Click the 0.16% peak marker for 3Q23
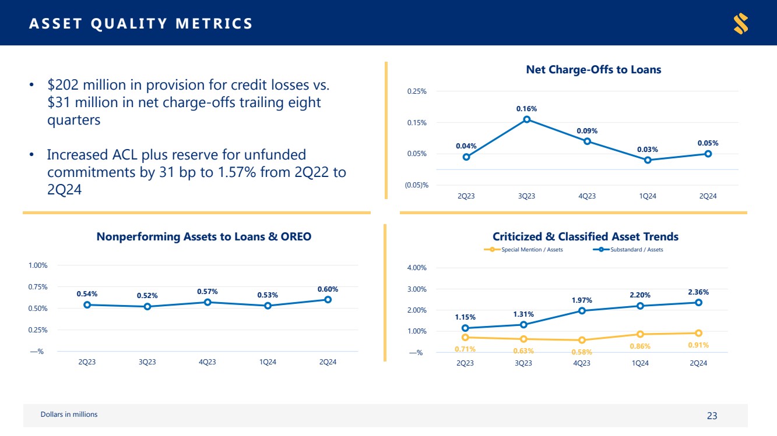526,119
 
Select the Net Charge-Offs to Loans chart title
593,69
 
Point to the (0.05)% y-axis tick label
416,185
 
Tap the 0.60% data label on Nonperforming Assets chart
328,289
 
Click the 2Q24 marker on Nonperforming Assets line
328,299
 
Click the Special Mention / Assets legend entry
523,250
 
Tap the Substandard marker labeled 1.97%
582,310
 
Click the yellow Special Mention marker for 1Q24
640,334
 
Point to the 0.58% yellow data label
582,352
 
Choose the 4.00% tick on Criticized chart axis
416,268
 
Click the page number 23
712,416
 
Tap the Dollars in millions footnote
69,414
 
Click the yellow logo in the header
741,23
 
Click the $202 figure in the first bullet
62,85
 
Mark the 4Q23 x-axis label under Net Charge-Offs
586,196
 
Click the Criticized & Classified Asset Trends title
585,236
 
